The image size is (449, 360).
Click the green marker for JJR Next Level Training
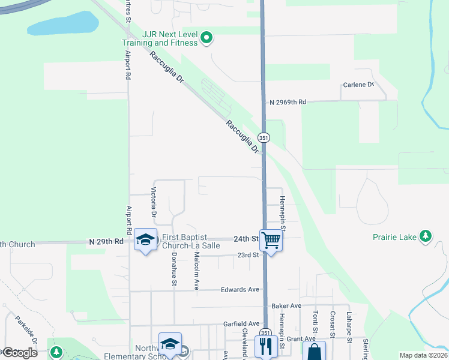tap(207, 38)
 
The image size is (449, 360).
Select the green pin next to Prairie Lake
tap(426, 236)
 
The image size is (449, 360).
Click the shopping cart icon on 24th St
tap(271, 241)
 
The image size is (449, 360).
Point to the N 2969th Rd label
tap(288, 103)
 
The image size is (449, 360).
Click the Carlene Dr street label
tap(358, 85)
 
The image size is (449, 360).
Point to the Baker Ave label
tap(286, 306)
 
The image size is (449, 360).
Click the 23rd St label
tap(247, 255)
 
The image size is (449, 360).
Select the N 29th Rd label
tap(106, 241)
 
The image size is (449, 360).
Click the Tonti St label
tap(315, 321)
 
